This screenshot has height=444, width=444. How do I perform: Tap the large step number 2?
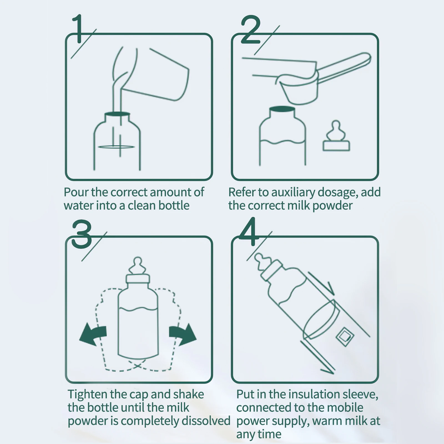251,30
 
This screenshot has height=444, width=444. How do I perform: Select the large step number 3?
82,234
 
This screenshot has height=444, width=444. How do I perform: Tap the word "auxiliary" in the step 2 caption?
293,192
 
